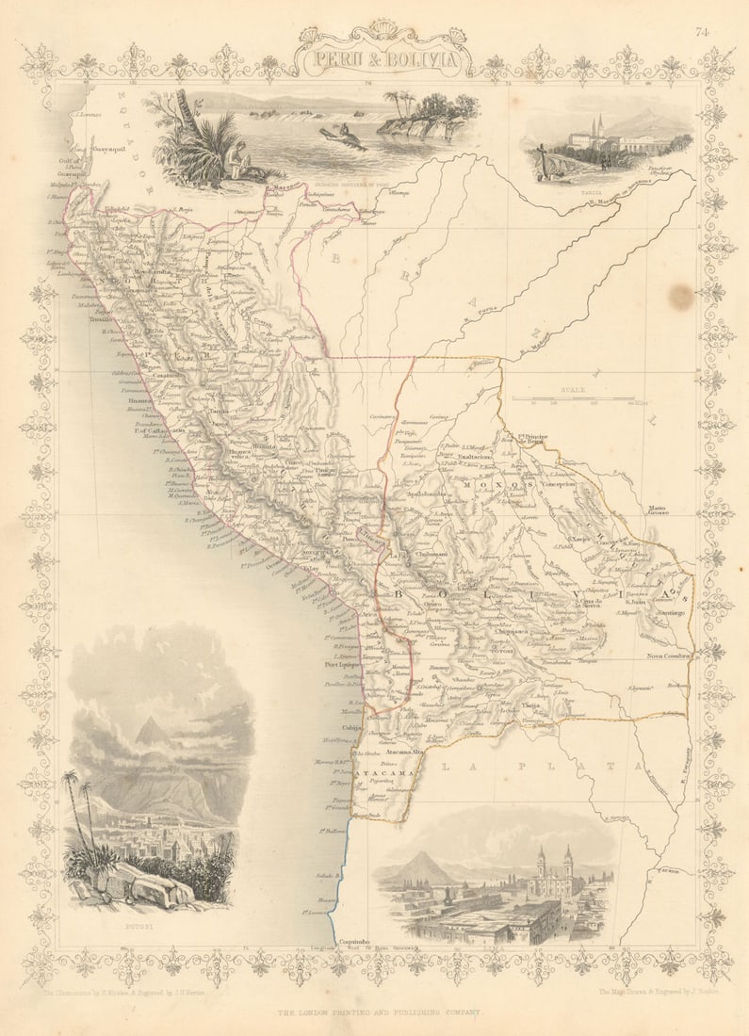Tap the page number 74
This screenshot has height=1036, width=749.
tap(702, 32)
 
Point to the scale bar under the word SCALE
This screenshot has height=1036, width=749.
tap(584, 398)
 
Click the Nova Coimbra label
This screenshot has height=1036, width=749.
tap(670, 656)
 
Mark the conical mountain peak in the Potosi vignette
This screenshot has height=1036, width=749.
tap(149, 730)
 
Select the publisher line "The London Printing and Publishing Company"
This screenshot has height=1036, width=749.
tap(379, 1012)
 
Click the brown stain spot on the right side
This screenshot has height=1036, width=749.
tap(680, 298)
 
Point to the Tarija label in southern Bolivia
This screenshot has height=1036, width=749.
tap(532, 704)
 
